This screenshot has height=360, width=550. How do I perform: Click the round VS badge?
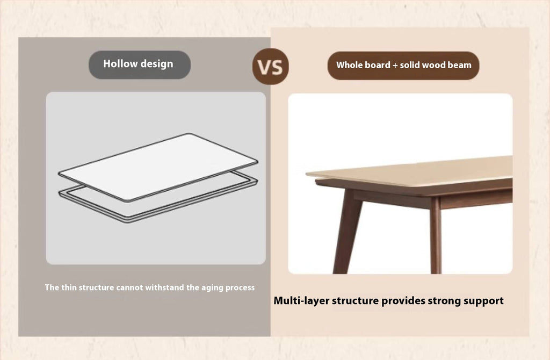[271, 66]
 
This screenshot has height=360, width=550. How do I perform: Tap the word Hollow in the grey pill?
[120, 63]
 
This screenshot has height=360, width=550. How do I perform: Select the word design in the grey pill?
[157, 64]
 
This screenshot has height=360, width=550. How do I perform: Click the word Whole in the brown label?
[349, 65]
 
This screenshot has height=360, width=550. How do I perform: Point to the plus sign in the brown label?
[395, 65]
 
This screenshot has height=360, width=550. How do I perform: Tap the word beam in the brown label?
[460, 65]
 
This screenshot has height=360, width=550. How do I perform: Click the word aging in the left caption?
[213, 287]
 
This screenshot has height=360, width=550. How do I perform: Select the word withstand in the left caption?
[164, 287]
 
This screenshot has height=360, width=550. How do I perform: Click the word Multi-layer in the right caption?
[301, 301]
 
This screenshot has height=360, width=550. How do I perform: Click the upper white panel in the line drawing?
[158, 167]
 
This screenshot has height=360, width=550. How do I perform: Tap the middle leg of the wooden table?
[435, 236]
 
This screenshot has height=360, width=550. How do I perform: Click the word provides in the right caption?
[403, 301]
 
